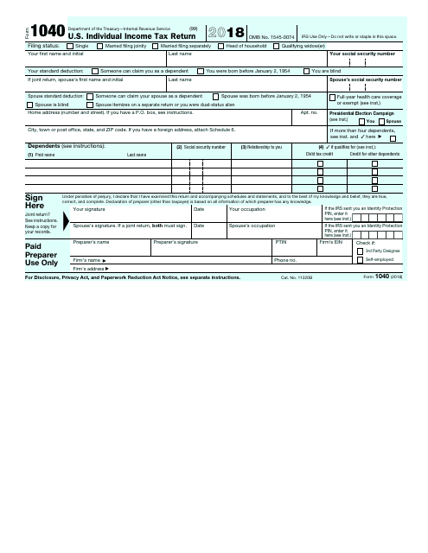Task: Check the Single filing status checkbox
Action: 71,46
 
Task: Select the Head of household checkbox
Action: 222,46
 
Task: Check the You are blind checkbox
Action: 307,71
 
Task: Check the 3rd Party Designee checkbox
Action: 361,251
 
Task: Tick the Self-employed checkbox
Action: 361,259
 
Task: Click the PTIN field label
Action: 280,243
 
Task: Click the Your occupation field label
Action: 247,209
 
